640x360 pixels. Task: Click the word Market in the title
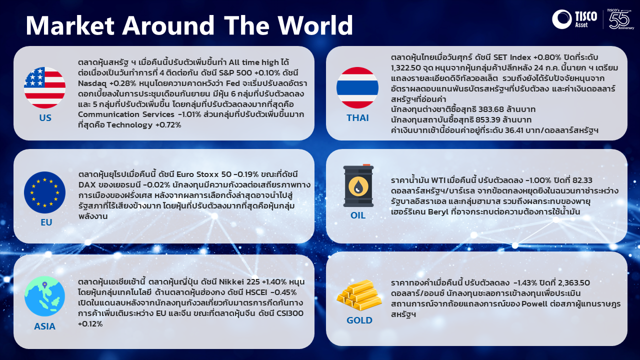(70, 25)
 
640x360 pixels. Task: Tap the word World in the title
(315, 25)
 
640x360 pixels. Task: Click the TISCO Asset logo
(574, 19)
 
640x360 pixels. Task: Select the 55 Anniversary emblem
(620, 19)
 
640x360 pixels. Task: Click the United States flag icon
(44, 87)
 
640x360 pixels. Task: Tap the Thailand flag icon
(357, 87)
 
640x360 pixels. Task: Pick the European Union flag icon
(44, 192)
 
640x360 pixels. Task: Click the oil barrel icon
(358, 185)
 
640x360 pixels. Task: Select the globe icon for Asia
(44, 296)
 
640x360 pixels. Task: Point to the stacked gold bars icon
(359, 295)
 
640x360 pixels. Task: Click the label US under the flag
(45, 117)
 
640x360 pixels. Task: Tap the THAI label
(357, 117)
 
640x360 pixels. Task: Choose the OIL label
(358, 215)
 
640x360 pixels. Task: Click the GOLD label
(359, 320)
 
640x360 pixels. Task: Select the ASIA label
(45, 326)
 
